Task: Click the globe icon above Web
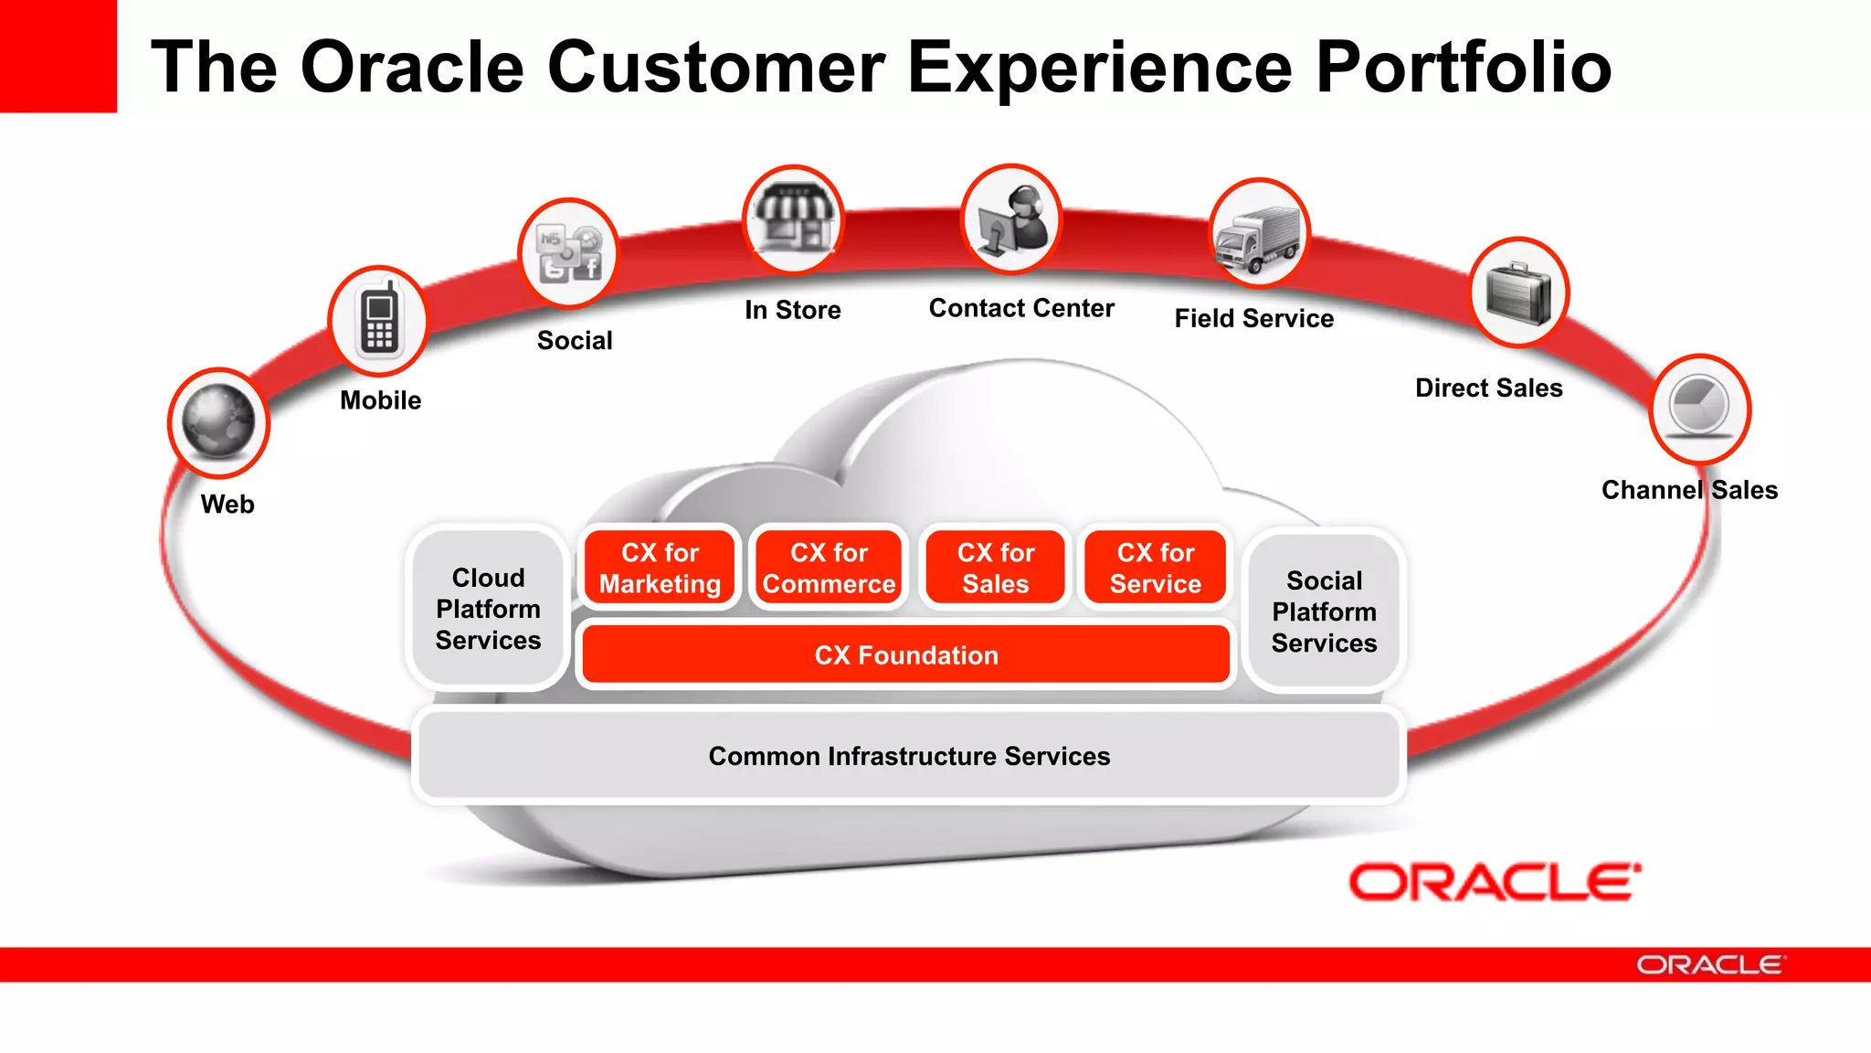pyautogui.click(x=218, y=422)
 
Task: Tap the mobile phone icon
pyautogui.click(x=378, y=321)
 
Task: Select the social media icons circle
pyautogui.click(x=568, y=253)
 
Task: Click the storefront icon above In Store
pyautogui.click(x=792, y=219)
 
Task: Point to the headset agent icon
pyautogui.click(x=1011, y=218)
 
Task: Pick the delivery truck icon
pyautogui.click(x=1259, y=234)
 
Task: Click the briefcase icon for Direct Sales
pyautogui.click(x=1518, y=292)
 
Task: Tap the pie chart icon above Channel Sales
pyautogui.click(x=1699, y=408)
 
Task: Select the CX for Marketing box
pyautogui.click(x=660, y=568)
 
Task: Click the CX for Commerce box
pyautogui.click(x=829, y=568)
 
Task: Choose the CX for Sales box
pyautogui.click(x=995, y=568)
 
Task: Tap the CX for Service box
pyautogui.click(x=1155, y=568)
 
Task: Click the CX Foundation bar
pyautogui.click(x=905, y=654)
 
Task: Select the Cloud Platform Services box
pyautogui.click(x=488, y=609)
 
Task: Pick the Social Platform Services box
pyautogui.click(x=1324, y=611)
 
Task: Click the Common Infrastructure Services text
pyautogui.click(x=909, y=756)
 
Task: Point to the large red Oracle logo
pyautogui.click(x=1495, y=882)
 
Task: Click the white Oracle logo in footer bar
pyautogui.click(x=1708, y=965)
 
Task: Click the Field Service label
pyautogui.click(x=1253, y=318)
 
